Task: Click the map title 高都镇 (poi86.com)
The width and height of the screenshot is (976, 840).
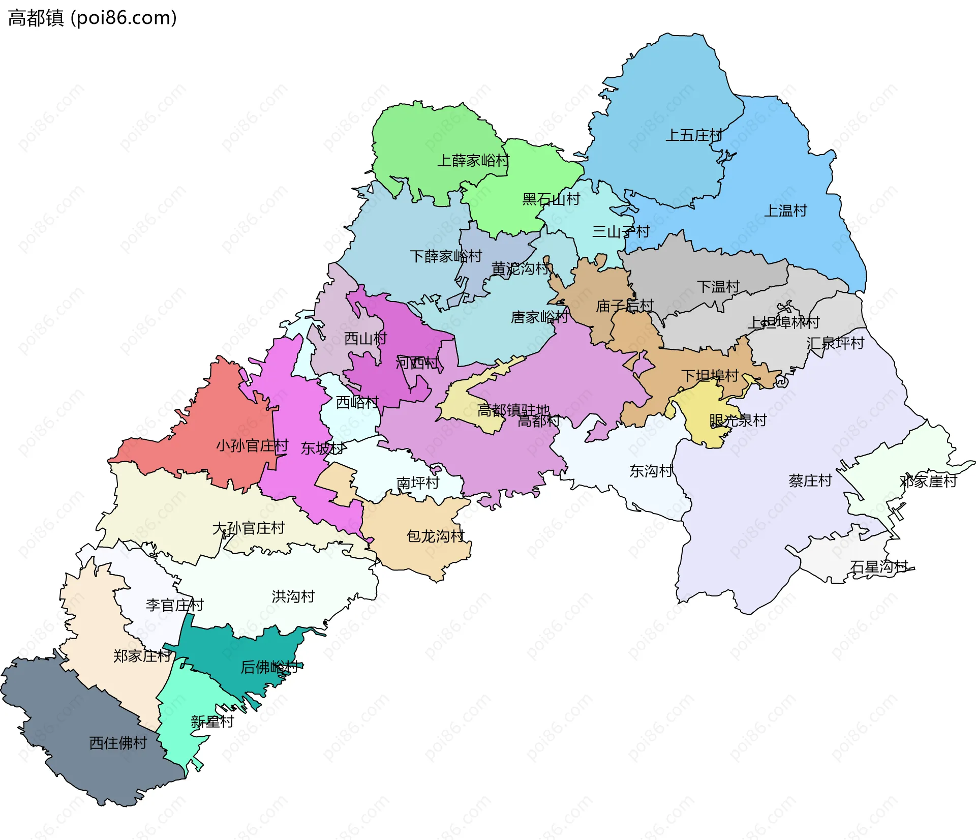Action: [x=92, y=18]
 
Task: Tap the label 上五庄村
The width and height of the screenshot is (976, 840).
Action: [x=693, y=135]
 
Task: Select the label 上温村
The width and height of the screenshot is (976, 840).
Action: [x=786, y=211]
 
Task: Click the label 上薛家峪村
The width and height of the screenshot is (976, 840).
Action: [x=473, y=161]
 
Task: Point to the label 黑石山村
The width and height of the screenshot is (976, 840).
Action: [x=551, y=199]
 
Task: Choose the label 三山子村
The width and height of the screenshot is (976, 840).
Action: [x=621, y=232]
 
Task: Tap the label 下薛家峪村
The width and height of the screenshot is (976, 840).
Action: [x=446, y=256]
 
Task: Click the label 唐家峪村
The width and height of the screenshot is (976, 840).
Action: [x=539, y=317]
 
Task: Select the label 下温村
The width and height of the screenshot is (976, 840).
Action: [x=718, y=287]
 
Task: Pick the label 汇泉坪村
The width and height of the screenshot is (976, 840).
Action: [x=835, y=343]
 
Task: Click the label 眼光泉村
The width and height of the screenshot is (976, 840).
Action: [x=738, y=421]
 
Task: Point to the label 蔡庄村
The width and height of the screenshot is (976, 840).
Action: [x=810, y=481]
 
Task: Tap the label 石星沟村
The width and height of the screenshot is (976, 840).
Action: [x=879, y=566]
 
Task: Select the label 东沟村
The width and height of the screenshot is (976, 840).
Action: [x=651, y=471]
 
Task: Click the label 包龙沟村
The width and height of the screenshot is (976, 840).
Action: [x=436, y=536]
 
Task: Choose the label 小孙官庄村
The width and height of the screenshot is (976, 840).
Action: [x=252, y=446]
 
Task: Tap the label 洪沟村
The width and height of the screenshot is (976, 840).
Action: [x=293, y=596]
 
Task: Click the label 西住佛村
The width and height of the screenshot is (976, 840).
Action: [x=118, y=743]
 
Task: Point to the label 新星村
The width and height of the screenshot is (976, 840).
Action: [x=212, y=722]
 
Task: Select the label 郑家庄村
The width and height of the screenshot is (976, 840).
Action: [x=142, y=656]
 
